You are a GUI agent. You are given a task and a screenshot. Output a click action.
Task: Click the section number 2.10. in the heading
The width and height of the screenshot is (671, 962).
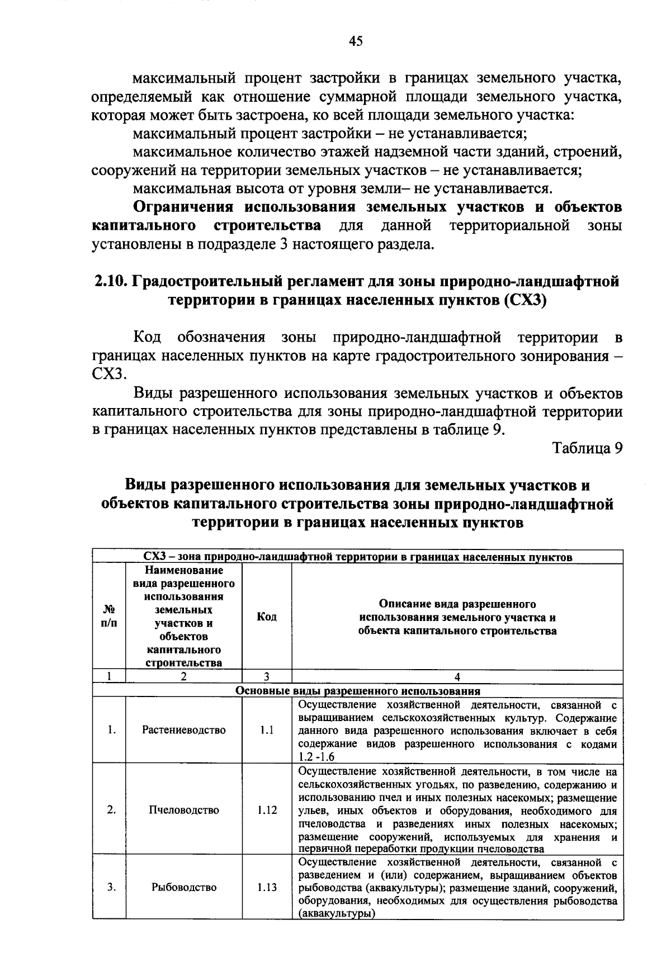[111, 281]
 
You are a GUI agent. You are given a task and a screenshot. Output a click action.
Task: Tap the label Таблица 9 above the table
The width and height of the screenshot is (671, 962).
[587, 448]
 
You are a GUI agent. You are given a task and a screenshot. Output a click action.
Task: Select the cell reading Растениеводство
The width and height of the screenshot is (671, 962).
[184, 730]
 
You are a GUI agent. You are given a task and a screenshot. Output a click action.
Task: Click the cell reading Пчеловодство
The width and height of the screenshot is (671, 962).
[184, 810]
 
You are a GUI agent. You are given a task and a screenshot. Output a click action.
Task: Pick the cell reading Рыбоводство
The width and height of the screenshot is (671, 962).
[184, 887]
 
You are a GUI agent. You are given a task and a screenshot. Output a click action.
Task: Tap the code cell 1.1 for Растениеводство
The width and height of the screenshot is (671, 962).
[267, 730]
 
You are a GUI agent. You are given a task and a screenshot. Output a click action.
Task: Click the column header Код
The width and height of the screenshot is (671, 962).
[267, 617]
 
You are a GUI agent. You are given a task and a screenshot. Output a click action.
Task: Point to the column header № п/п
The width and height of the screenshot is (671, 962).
[110, 617]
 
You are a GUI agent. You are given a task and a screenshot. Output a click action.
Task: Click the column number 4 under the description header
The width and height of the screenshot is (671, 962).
[457, 676]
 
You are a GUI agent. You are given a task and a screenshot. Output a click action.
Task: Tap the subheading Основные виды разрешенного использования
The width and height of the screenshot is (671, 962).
[358, 690]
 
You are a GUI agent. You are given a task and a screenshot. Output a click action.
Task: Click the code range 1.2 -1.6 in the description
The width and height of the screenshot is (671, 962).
[316, 757]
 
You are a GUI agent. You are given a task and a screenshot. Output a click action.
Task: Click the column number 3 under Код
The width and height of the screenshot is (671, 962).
[267, 676]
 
